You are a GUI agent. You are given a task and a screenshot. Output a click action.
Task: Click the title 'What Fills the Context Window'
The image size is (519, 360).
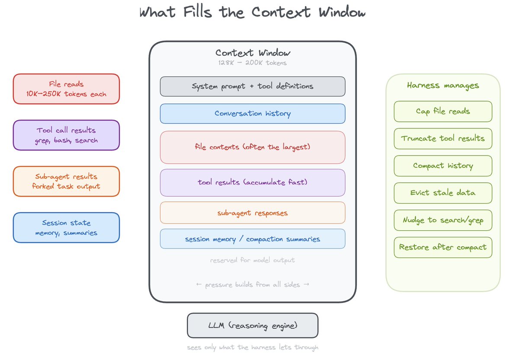(x=252, y=13)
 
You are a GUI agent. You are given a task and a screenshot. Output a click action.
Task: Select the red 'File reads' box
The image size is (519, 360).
(x=66, y=89)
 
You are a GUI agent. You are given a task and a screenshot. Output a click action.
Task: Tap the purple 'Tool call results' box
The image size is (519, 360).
(x=66, y=135)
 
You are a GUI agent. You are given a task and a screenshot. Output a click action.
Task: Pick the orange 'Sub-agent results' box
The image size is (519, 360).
(x=66, y=182)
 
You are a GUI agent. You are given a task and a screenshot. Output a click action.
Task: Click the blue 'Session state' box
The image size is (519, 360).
(x=66, y=228)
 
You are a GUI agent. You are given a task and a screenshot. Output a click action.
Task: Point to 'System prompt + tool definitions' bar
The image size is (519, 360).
(x=253, y=86)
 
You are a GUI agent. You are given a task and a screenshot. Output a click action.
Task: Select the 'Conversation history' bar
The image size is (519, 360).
(x=253, y=114)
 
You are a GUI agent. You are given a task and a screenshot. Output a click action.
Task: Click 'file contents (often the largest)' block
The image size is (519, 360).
(x=253, y=147)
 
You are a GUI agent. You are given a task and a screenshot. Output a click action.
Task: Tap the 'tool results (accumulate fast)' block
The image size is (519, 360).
(x=253, y=182)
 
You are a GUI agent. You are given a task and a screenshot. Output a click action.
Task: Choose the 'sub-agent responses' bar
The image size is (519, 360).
(x=253, y=213)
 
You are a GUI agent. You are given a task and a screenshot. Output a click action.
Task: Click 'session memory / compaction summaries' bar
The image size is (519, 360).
(x=253, y=239)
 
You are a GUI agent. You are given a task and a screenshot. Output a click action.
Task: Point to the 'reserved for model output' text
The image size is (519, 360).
(x=253, y=261)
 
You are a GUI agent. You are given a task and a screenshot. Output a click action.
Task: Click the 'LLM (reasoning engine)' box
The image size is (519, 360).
(x=253, y=325)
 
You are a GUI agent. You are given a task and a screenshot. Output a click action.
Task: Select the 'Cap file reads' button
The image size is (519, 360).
(x=443, y=112)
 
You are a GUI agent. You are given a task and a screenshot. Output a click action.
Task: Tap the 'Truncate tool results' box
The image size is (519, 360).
(x=443, y=139)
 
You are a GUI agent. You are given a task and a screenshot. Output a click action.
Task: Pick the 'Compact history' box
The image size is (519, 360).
(x=443, y=166)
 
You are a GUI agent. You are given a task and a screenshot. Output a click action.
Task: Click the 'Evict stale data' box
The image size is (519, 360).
(x=443, y=193)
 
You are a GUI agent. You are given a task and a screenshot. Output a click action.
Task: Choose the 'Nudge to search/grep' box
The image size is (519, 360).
(x=443, y=220)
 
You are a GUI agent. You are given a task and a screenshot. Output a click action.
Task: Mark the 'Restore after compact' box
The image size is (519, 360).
(x=443, y=248)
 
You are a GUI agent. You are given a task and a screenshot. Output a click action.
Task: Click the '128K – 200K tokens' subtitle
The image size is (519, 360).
(x=253, y=63)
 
